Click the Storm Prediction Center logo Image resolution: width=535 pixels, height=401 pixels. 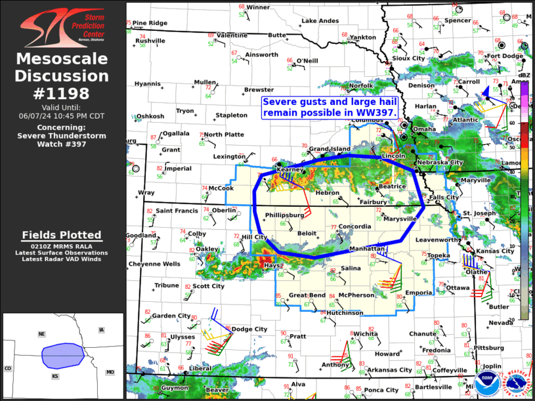click(62, 26)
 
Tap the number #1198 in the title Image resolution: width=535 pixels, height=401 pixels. click(62, 94)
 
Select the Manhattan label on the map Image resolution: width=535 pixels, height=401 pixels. click(366, 249)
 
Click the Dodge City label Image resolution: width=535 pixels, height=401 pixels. click(249, 329)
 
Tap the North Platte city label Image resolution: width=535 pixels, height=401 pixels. click(224, 135)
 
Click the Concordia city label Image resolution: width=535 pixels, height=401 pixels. click(355, 227)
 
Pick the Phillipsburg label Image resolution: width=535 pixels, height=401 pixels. click(284, 215)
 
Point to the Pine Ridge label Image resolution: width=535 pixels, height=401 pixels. click(150, 23)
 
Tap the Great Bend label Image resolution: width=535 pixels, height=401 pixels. click(307, 295)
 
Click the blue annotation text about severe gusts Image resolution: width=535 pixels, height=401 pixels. click(330, 107)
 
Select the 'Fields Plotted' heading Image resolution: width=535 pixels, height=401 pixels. click(62, 235)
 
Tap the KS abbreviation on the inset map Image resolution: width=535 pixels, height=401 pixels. click(55, 377)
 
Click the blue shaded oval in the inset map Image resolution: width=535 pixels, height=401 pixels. click(62, 356)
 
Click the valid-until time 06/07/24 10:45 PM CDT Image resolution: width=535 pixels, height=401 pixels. click(62, 116)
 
